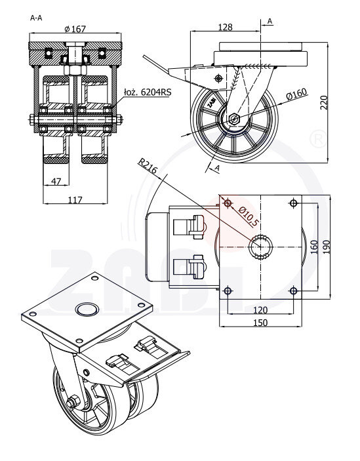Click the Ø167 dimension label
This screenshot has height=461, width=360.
click(x=75, y=29)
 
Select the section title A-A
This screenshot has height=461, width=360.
click(x=36, y=18)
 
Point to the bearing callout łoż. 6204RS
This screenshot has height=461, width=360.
click(x=148, y=92)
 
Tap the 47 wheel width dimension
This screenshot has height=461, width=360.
click(x=56, y=181)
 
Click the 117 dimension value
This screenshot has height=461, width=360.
click(x=75, y=200)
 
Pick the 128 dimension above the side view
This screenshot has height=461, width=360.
click(x=226, y=27)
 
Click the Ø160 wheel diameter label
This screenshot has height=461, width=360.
click(x=296, y=94)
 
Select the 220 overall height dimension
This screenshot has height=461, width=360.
click(x=323, y=102)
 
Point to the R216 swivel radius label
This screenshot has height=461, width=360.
click(x=148, y=166)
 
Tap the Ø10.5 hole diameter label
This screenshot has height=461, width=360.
click(x=249, y=216)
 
